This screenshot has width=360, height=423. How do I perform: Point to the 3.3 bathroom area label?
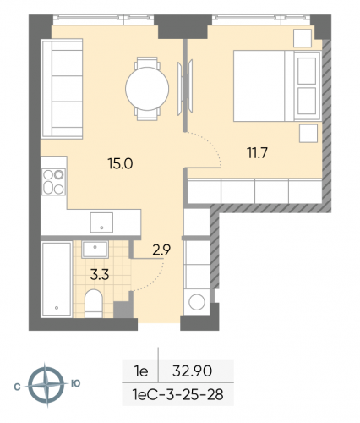(98, 272)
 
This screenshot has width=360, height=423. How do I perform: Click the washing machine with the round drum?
(198, 302)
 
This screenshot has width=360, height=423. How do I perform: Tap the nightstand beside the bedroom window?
(302, 38)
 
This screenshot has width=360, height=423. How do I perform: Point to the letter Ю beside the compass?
(76, 383)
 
